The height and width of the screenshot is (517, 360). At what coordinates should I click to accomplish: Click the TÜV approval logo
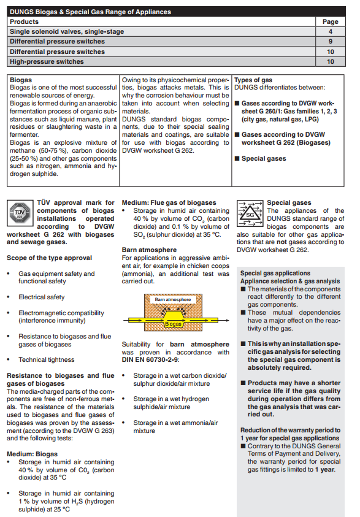click(x=20, y=213)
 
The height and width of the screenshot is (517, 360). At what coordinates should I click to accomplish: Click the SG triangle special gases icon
click(x=250, y=213)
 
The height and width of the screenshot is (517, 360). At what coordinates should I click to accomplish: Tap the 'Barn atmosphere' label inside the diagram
click(x=173, y=299)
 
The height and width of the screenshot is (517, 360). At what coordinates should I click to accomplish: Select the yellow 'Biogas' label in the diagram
click(x=173, y=324)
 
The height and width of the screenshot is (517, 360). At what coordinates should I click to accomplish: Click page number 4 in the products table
click(x=331, y=32)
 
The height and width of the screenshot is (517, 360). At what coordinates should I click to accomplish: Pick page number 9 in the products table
click(x=331, y=42)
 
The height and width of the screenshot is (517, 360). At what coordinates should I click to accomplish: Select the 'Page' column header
click(x=331, y=21)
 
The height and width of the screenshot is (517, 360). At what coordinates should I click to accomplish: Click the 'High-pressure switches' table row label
click(x=47, y=62)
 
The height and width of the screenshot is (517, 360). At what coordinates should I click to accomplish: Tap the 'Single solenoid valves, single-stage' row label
click(x=67, y=32)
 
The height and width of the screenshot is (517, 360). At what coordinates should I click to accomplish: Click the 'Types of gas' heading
click(x=253, y=80)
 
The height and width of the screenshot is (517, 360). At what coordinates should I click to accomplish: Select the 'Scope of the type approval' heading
click(x=50, y=258)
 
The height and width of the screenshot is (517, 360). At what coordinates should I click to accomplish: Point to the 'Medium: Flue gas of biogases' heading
click(x=169, y=203)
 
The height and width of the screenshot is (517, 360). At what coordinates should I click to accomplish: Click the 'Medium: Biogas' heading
click(x=33, y=454)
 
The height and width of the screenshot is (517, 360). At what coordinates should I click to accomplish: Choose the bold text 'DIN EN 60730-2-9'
click(x=150, y=360)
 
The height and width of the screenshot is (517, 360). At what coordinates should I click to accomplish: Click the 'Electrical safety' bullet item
click(x=42, y=297)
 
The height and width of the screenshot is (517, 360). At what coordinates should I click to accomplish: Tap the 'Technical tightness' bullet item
click(x=47, y=360)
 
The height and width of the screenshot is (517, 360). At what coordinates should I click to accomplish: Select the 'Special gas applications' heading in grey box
click(x=275, y=273)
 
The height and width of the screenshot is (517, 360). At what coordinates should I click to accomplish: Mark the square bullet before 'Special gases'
click(x=237, y=158)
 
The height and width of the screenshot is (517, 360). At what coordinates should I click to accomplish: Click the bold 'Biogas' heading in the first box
click(x=21, y=80)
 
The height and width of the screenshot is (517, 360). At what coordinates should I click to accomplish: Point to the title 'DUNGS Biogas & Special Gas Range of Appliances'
click(x=90, y=12)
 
